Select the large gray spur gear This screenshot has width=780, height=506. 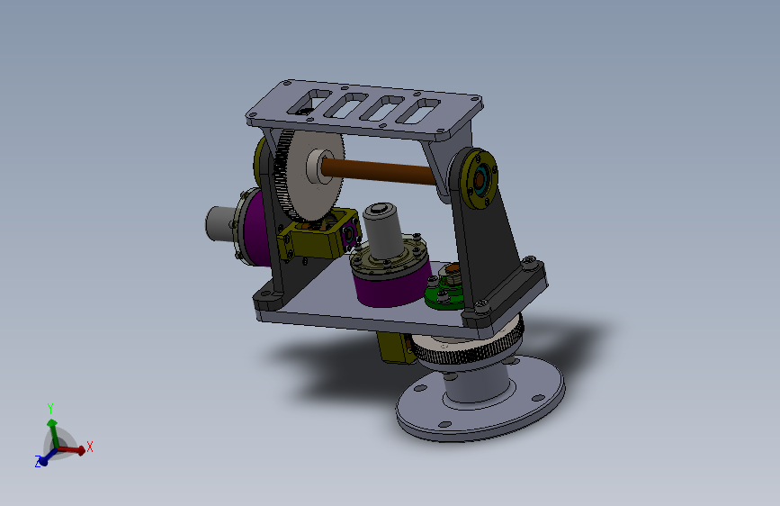coord(309,175)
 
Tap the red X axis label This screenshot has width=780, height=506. coord(90,447)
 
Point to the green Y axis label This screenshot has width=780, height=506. coord(50,409)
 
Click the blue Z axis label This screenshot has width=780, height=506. coord(38,462)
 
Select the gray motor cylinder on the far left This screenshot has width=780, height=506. coord(220,224)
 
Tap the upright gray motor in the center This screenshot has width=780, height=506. coord(382,230)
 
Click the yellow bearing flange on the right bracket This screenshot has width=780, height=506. coord(478,178)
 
